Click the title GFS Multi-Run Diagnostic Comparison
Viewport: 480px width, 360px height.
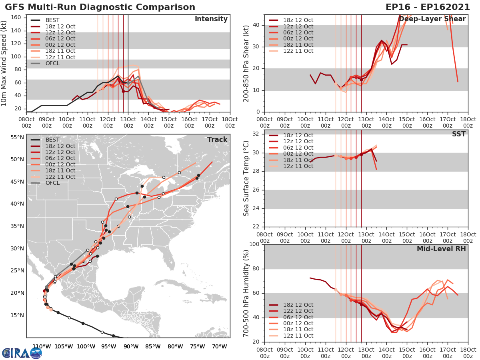click(x=100, y=7)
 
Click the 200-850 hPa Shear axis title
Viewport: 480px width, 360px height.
click(x=247, y=63)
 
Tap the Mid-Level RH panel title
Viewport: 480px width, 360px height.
click(x=441, y=249)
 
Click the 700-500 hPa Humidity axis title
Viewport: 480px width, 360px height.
click(x=247, y=293)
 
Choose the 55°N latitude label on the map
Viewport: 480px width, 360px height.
click(x=18, y=137)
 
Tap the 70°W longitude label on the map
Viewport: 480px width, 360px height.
click(x=220, y=346)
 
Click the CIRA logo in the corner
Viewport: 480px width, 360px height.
click(x=22, y=353)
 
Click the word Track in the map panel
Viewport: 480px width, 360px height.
click(x=217, y=140)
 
